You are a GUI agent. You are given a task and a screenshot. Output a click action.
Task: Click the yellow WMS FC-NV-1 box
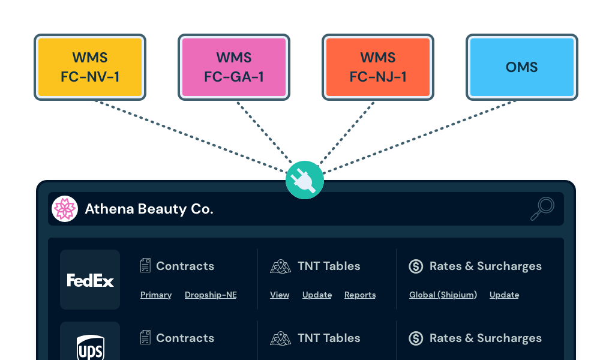point(90,67)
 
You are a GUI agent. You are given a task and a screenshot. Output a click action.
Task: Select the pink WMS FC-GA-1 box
point(234,67)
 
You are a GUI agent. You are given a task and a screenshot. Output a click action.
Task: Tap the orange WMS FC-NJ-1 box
point(378,67)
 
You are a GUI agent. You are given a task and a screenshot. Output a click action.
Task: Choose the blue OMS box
point(522,67)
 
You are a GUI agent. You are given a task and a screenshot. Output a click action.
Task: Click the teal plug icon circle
point(305,180)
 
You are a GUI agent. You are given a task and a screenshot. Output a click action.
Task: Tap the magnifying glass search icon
point(542,209)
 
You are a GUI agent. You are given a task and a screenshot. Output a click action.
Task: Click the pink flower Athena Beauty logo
point(65,209)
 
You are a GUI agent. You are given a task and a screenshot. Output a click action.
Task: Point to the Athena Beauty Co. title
point(149,209)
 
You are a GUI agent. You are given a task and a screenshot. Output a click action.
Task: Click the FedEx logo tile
point(90,280)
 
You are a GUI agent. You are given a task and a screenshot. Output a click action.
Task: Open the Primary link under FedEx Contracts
point(156,295)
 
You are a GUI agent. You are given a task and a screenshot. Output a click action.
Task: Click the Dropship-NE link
point(211,295)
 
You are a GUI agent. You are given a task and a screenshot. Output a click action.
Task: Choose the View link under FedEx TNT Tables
point(280,295)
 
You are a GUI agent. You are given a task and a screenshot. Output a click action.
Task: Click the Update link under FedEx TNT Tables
point(317,295)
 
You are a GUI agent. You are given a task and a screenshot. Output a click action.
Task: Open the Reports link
point(360,295)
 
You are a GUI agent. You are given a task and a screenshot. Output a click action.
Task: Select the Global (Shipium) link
point(443,295)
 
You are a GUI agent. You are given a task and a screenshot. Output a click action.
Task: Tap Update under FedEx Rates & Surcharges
point(504,295)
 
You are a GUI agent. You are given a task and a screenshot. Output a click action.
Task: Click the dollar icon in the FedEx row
point(416,266)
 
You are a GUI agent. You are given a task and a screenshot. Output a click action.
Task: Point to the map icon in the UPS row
point(280,338)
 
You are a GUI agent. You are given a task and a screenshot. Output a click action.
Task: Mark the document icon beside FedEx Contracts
point(145,266)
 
